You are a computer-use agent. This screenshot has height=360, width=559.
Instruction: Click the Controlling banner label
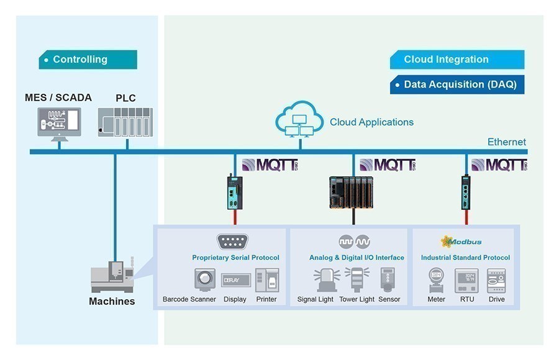tap(88, 60)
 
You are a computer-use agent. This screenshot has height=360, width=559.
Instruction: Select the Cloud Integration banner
tap(457, 60)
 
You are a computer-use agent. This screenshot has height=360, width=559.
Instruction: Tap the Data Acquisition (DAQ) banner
tap(457, 84)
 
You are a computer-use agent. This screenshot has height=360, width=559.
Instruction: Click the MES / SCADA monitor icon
tap(59, 124)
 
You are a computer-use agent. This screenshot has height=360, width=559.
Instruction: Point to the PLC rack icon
tap(125, 122)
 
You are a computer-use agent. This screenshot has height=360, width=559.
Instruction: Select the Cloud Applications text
tap(371, 122)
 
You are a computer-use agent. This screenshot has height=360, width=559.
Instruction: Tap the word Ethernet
tap(507, 142)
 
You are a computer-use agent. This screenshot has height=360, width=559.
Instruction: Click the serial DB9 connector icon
tap(232, 242)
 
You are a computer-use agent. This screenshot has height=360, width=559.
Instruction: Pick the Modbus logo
tap(461, 241)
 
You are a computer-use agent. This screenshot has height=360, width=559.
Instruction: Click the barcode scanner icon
tap(204, 280)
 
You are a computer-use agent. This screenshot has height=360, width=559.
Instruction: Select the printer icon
tap(267, 280)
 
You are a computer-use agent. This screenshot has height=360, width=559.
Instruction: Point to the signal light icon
tap(327, 280)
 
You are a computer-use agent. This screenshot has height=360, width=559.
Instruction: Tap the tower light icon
tap(357, 280)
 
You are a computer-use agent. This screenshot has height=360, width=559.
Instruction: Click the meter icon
tap(437, 280)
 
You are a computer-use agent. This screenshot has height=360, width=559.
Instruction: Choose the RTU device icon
tap(466, 281)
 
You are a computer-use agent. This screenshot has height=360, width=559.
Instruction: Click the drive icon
tap(496, 281)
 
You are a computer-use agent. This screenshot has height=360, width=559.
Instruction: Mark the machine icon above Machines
tap(112, 275)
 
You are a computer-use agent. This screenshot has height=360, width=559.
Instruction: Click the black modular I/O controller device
tap(351, 192)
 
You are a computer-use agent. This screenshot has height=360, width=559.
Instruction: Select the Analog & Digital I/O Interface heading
tap(357, 258)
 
